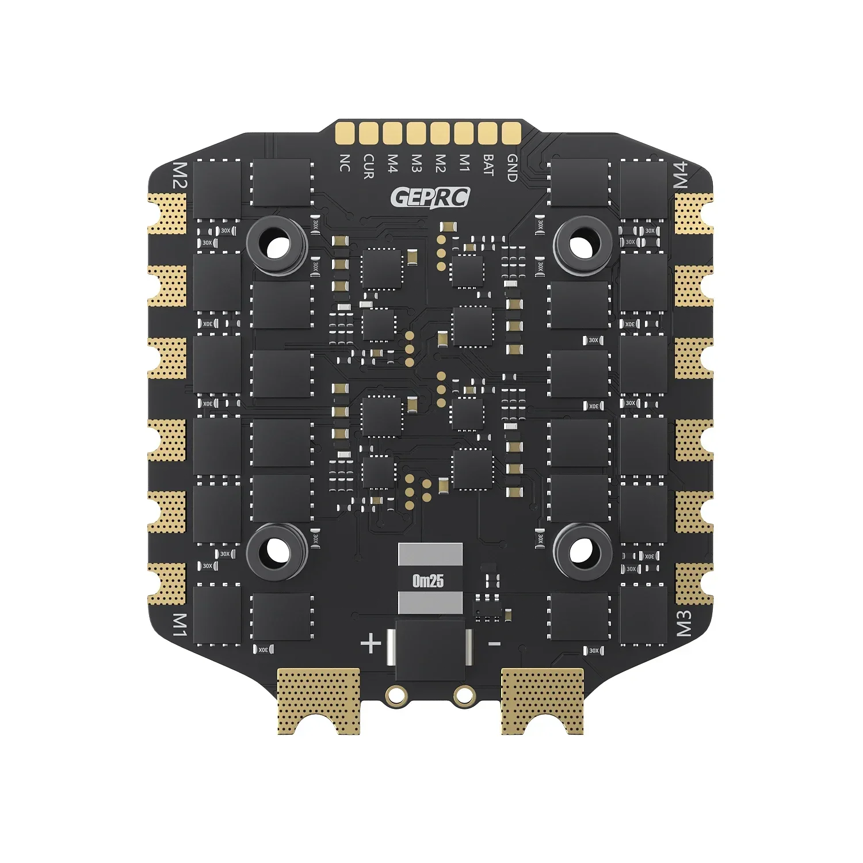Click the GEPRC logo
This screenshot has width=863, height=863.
click(x=430, y=197)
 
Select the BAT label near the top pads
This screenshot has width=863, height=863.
click(x=488, y=165)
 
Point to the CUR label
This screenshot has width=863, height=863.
click(x=368, y=166)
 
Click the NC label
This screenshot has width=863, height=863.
click(x=345, y=163)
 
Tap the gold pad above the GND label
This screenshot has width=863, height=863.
click(x=511, y=133)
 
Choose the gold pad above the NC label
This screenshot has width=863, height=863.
click(x=345, y=133)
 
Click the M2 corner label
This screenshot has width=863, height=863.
click(x=180, y=175)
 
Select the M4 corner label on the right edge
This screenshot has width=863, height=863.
click(x=681, y=175)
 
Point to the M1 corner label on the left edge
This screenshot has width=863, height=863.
click(x=180, y=625)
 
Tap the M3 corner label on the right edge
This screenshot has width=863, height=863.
click(x=683, y=624)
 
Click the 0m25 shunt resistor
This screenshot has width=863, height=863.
click(x=430, y=580)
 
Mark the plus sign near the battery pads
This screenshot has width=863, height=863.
click(x=371, y=643)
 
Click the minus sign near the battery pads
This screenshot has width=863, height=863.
click(x=494, y=644)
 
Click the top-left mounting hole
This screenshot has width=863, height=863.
click(x=277, y=246)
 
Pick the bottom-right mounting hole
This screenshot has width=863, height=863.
click(x=582, y=552)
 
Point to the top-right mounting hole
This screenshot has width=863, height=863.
click(x=582, y=245)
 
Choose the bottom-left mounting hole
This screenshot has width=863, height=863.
click(x=277, y=552)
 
